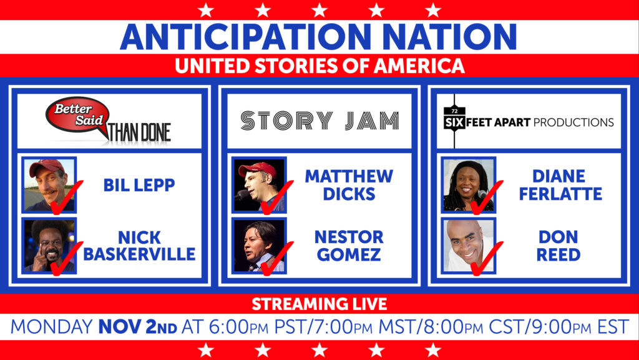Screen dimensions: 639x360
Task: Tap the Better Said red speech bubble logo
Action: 77,115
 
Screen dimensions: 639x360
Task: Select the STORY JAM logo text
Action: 319,121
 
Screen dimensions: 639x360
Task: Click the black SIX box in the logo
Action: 454,122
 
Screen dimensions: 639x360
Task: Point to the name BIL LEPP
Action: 139,185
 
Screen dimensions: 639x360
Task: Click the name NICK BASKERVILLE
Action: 139,246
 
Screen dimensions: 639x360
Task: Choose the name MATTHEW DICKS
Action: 349,185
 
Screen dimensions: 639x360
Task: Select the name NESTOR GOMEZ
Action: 349,246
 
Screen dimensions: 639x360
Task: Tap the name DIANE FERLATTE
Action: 560,185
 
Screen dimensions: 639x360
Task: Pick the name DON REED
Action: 559,246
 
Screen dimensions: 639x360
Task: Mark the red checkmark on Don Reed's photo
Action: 487,259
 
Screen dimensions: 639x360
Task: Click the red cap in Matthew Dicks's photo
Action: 258,168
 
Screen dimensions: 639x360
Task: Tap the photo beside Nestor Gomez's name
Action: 259,246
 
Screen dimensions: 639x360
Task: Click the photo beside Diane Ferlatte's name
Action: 469,185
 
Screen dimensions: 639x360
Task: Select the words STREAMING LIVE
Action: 319,304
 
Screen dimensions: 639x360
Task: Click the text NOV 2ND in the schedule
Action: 138,327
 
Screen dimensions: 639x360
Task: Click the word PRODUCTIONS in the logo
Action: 573,122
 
